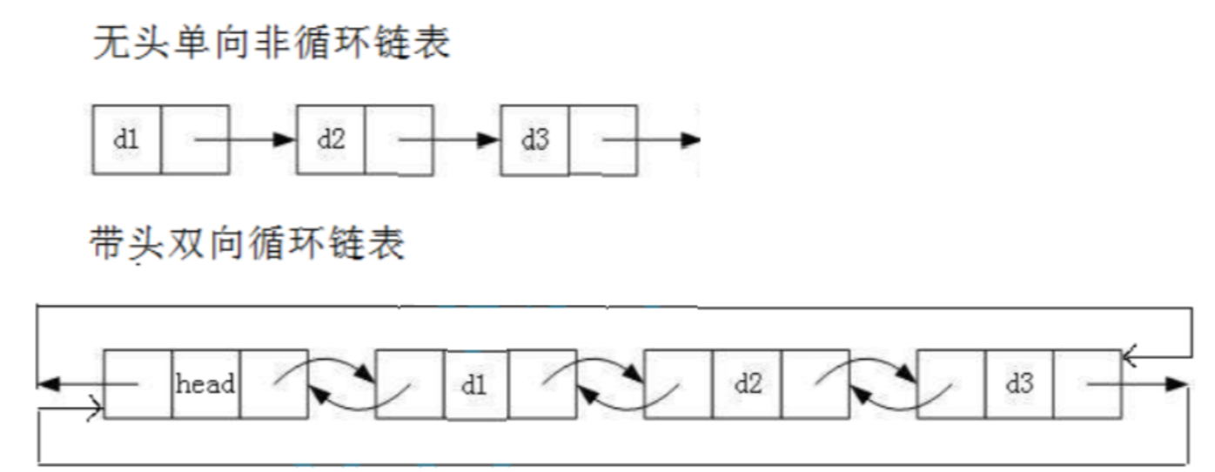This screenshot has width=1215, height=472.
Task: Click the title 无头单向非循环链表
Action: [x=272, y=44]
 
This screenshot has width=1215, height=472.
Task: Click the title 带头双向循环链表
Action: [x=248, y=245]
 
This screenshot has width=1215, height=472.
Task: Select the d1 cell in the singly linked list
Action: [x=126, y=138]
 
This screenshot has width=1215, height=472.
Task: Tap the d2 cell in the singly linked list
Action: [x=331, y=138]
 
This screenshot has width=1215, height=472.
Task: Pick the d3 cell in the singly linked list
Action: [x=535, y=138]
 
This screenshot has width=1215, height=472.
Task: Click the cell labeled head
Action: [x=205, y=384]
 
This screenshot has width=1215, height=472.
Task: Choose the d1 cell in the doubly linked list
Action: [x=475, y=384]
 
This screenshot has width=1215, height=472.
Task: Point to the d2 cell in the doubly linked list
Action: [x=747, y=384]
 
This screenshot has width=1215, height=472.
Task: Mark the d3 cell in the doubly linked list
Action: [x=1018, y=384]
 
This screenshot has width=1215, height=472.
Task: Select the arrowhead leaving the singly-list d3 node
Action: [x=690, y=138]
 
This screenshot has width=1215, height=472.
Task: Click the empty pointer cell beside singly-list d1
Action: [x=194, y=138]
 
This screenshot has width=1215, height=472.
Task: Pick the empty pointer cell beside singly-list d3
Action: [x=603, y=138]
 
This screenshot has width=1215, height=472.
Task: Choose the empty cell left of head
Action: [x=138, y=384]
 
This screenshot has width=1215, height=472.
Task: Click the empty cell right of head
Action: [x=273, y=384]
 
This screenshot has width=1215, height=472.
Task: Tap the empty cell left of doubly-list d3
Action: [x=950, y=384]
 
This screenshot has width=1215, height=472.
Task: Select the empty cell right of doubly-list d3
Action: [x=1087, y=384]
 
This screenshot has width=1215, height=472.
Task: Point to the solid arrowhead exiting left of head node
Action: [x=47, y=383]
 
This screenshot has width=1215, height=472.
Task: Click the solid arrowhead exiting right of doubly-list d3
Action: [x=1178, y=383]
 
